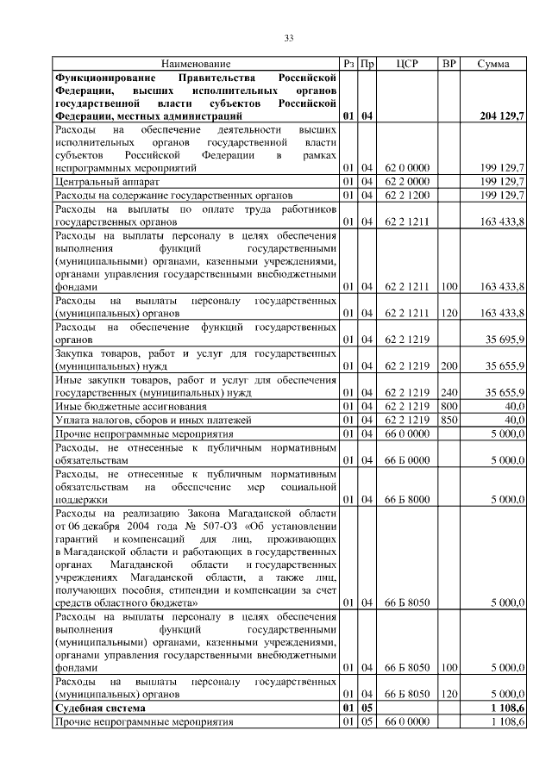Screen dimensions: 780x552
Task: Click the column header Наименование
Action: (195, 65)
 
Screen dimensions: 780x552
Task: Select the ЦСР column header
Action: (406, 65)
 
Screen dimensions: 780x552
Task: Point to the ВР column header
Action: (448, 65)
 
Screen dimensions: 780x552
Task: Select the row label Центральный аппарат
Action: (106, 183)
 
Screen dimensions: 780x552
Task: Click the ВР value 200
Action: (448, 365)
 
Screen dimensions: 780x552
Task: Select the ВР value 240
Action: (448, 391)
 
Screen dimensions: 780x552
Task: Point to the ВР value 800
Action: (448, 405)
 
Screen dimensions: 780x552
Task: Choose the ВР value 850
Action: (448, 419)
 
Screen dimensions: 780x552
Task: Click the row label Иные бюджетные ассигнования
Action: (130, 405)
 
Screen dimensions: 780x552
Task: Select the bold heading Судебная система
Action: (103, 707)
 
